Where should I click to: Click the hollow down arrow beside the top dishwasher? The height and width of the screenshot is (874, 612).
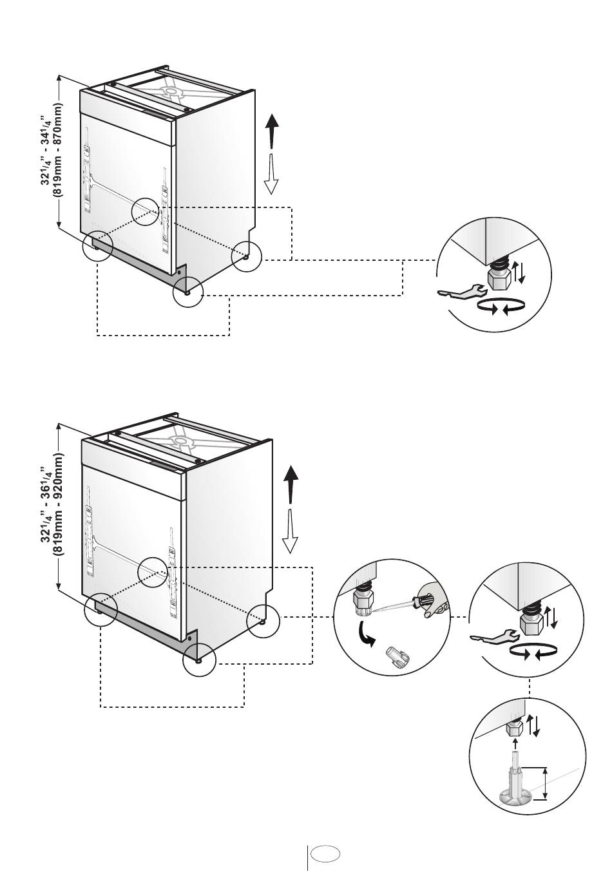(271, 174)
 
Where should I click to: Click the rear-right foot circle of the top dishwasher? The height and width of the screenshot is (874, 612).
(247, 256)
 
